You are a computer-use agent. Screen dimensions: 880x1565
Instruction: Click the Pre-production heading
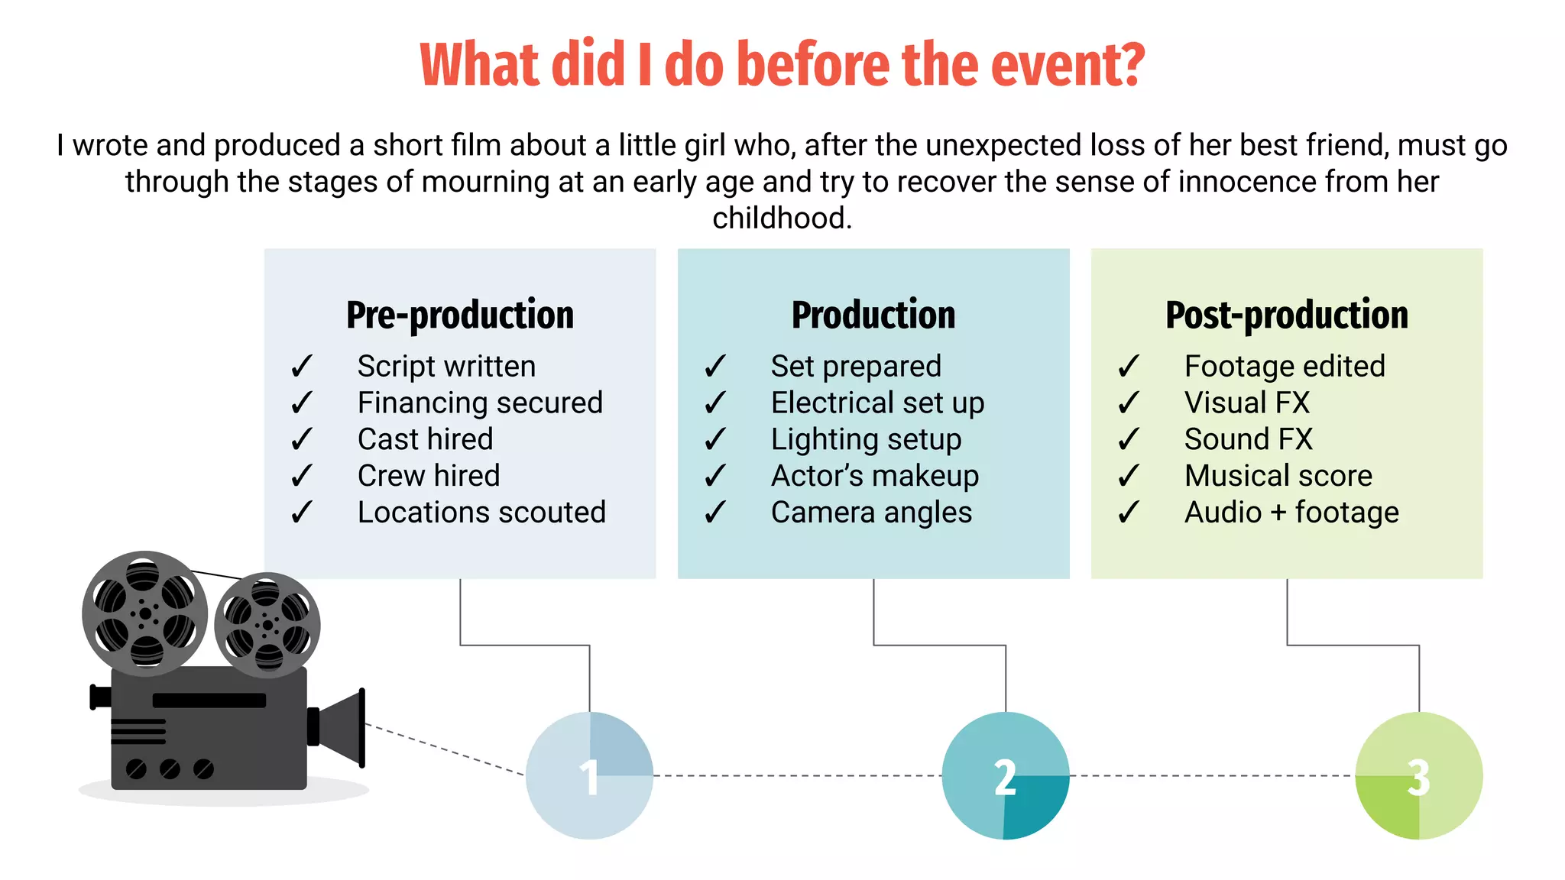pyautogui.click(x=460, y=315)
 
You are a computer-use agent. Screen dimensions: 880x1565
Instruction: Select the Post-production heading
pyautogui.click(x=1287, y=315)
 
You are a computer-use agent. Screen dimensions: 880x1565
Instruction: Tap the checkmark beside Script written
pyautogui.click(x=302, y=367)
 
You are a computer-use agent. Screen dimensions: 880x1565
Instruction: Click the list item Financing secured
pyautogui.click(x=480, y=403)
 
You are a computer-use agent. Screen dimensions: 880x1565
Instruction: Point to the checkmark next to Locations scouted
pyautogui.click(x=302, y=513)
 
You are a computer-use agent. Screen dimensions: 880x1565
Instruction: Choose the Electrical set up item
pyautogui.click(x=877, y=403)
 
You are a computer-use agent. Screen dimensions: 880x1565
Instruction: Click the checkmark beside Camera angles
pyautogui.click(x=715, y=513)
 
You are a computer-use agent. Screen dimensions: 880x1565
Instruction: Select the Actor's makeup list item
pyautogui.click(x=875, y=476)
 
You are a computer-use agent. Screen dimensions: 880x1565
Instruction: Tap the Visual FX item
pyautogui.click(x=1247, y=403)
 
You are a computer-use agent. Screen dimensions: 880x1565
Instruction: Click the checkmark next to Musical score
pyautogui.click(x=1129, y=476)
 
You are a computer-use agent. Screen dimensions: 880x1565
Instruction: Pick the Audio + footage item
pyautogui.click(x=1291, y=513)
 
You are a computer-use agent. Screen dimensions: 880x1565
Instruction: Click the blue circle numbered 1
pyautogui.click(x=589, y=775)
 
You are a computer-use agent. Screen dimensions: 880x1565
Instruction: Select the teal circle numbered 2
pyautogui.click(x=1005, y=775)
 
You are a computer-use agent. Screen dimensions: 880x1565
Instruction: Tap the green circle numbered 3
pyautogui.click(x=1419, y=775)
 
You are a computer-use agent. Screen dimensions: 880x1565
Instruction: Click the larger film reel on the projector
pyautogui.click(x=144, y=613)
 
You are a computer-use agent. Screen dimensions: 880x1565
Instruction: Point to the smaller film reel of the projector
pyautogui.click(x=267, y=625)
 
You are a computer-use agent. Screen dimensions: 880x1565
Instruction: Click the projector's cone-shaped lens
pyautogui.click(x=343, y=727)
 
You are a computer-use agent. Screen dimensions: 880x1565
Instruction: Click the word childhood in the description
pyautogui.click(x=782, y=218)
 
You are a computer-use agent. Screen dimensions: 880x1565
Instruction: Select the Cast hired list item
pyautogui.click(x=425, y=439)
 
